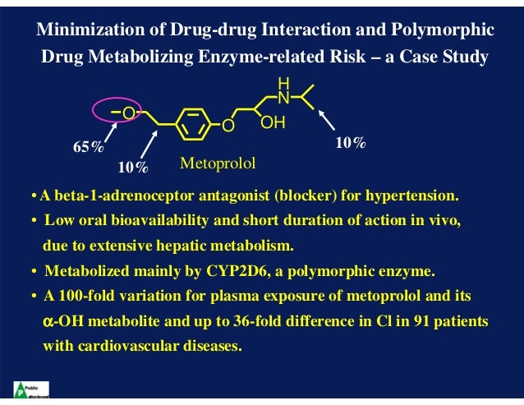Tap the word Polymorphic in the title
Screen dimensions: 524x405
pos(448,30)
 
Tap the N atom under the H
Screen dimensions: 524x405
pos(284,99)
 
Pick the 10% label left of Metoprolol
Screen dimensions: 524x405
pos(132,168)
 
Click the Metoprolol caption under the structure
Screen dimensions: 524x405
pos(218,163)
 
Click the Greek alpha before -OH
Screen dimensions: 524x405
pos(48,320)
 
